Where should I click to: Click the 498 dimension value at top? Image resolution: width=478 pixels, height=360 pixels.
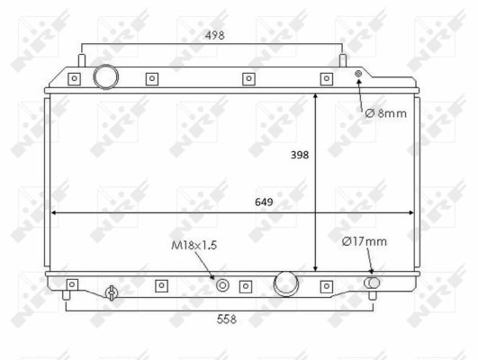click(x=214, y=35)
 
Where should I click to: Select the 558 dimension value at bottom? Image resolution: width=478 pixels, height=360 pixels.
click(x=227, y=319)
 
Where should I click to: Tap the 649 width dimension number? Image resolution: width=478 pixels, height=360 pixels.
click(x=264, y=202)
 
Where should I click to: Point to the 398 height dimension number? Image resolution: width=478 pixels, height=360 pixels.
click(x=300, y=155)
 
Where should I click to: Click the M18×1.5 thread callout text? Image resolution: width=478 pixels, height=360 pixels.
click(x=194, y=245)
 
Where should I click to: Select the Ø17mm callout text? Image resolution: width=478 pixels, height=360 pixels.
click(x=365, y=242)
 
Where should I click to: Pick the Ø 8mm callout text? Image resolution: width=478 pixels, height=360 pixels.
click(x=386, y=113)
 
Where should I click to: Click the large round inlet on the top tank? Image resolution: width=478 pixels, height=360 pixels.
click(x=106, y=76)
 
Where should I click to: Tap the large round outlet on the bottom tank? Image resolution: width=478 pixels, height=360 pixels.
click(x=286, y=283)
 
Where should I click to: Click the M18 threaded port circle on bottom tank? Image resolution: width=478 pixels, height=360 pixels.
click(x=222, y=285)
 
